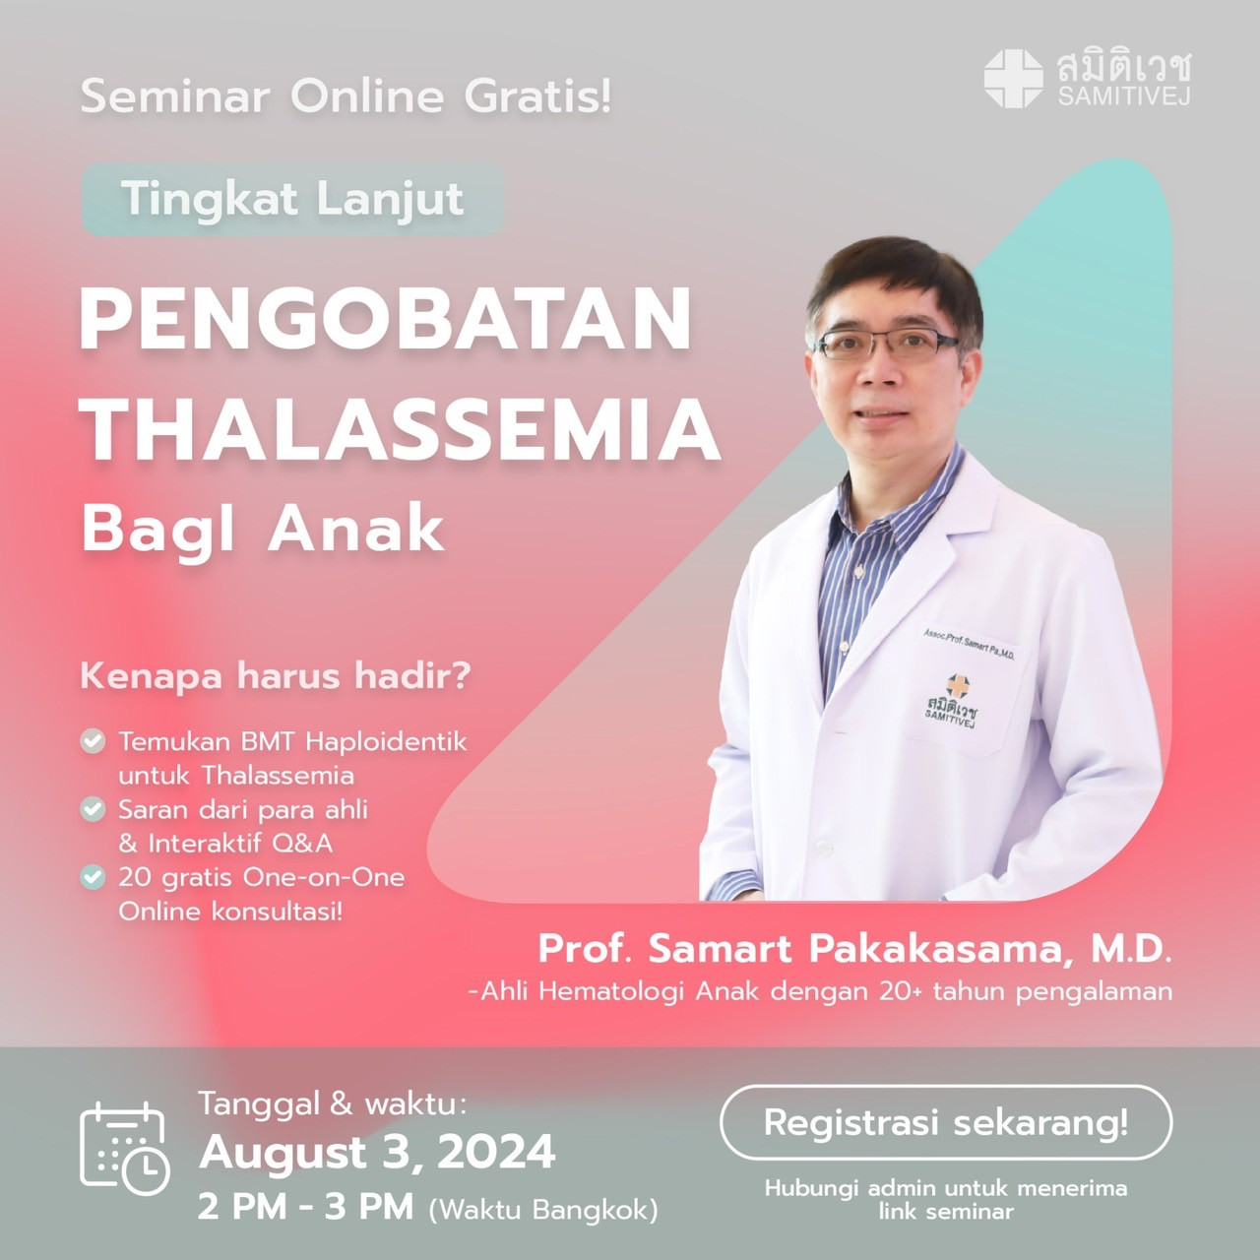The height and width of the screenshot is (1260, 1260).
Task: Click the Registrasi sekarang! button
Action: pos(945,1122)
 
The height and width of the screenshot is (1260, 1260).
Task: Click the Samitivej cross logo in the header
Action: pos(1013,79)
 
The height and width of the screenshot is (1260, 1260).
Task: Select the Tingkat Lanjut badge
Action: pos(292,199)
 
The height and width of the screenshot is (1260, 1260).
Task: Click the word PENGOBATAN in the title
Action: pos(385,320)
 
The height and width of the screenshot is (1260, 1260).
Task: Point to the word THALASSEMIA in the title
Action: pos(400,430)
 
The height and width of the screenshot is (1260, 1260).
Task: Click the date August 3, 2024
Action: pos(377,1152)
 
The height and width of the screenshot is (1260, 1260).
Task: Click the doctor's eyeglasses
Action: pos(886,344)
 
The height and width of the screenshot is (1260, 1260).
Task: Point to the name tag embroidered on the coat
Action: pos(969,644)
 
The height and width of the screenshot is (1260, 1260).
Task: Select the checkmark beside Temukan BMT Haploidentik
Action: pos(93,741)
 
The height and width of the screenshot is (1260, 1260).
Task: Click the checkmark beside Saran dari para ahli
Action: pos(93,809)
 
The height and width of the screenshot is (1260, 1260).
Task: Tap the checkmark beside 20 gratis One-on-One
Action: pos(93,877)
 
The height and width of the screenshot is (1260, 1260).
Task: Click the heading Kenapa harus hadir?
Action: pos(276,676)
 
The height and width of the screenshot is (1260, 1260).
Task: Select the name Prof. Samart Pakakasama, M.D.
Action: pos(854,949)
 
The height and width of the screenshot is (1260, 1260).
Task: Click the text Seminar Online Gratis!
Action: pos(346,95)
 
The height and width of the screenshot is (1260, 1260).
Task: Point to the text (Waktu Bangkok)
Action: pos(543,1209)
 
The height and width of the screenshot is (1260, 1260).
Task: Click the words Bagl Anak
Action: pos(263,530)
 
